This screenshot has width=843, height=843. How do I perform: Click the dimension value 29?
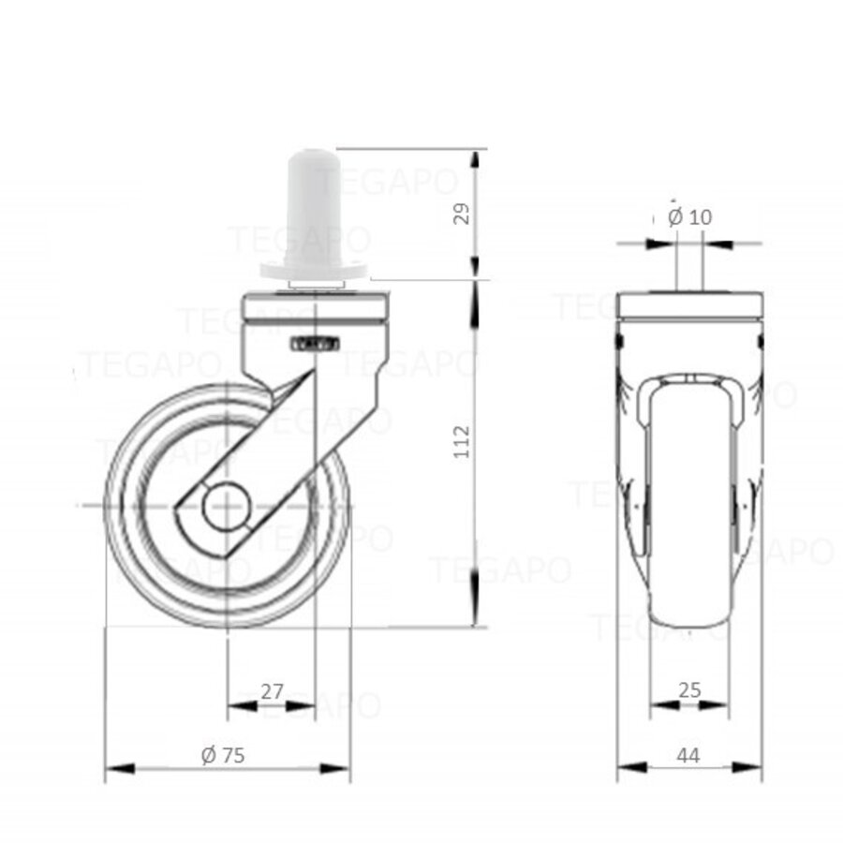[x=460, y=214]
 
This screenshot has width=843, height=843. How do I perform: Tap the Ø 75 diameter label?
[x=223, y=755]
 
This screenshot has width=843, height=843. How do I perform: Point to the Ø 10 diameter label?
[x=690, y=216]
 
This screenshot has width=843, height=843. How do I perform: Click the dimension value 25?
[x=689, y=690]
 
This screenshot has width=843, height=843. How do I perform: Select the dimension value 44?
[x=688, y=755]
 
